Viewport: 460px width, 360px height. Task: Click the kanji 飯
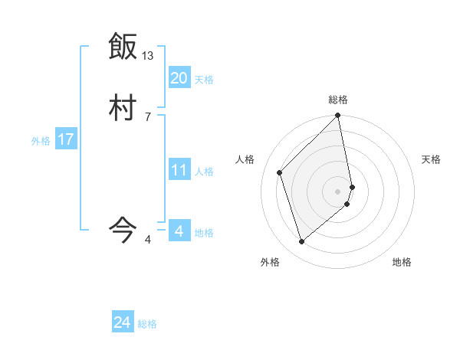point(123,47)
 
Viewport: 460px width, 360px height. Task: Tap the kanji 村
point(123,107)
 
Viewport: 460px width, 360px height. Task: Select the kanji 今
point(123,229)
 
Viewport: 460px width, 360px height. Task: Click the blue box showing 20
point(179,78)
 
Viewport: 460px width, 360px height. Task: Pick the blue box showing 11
point(179,170)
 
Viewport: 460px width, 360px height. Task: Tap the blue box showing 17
point(66,139)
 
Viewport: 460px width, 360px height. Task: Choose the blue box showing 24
point(123,322)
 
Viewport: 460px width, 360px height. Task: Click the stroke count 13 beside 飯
point(148,56)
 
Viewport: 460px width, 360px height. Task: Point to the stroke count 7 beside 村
point(148,116)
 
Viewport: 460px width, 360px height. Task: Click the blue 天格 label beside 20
point(204,80)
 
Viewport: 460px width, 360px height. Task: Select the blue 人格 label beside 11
point(205,172)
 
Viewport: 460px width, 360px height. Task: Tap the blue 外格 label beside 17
point(41,141)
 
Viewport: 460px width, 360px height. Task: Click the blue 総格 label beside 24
point(148,324)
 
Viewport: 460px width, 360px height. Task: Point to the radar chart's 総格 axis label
point(338,100)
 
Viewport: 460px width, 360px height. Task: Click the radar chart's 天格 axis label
point(432,159)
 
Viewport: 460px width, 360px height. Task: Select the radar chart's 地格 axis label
point(402,262)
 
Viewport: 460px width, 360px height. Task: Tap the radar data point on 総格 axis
point(338,116)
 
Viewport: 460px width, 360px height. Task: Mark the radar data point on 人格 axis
point(280,172)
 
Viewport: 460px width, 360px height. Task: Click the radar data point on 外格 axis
point(301,242)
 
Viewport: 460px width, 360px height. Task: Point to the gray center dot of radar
point(338,191)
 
